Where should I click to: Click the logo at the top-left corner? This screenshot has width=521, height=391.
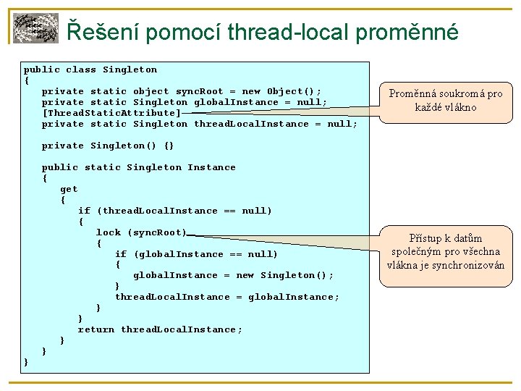(35, 28)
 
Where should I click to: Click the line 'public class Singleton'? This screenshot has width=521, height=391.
(90, 70)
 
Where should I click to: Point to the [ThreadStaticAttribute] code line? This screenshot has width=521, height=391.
(111, 113)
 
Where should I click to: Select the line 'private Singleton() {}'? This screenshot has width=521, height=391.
(108, 146)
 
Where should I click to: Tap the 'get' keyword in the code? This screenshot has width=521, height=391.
(69, 189)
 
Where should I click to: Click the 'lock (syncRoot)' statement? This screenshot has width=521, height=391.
(142, 232)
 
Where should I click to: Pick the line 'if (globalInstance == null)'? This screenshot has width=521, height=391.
(196, 254)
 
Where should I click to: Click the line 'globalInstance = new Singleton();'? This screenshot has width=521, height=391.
(233, 275)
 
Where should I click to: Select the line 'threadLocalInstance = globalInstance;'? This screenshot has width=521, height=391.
(227, 297)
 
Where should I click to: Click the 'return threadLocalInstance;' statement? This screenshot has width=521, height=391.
(160, 329)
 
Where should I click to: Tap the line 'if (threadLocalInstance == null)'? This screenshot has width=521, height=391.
(175, 211)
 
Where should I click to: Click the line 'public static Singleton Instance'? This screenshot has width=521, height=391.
(139, 167)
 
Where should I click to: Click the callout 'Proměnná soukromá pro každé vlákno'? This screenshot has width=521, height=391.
(445, 101)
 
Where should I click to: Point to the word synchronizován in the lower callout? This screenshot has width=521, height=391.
(471, 266)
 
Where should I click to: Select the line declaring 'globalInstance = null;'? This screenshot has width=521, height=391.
(185, 102)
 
